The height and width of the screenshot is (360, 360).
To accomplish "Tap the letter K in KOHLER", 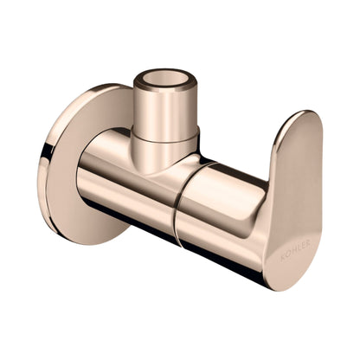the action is point(282,257).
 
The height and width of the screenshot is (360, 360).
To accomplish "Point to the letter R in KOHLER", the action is point(308,243).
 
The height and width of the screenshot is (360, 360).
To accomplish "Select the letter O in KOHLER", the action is point(288,254).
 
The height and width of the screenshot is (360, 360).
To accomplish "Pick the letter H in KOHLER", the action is point(293,251).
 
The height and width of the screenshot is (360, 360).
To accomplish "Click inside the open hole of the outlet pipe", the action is point(165,79).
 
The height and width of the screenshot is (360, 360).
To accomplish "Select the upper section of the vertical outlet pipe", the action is point(165,111).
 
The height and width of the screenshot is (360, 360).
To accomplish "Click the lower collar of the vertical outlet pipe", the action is point(165,153).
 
